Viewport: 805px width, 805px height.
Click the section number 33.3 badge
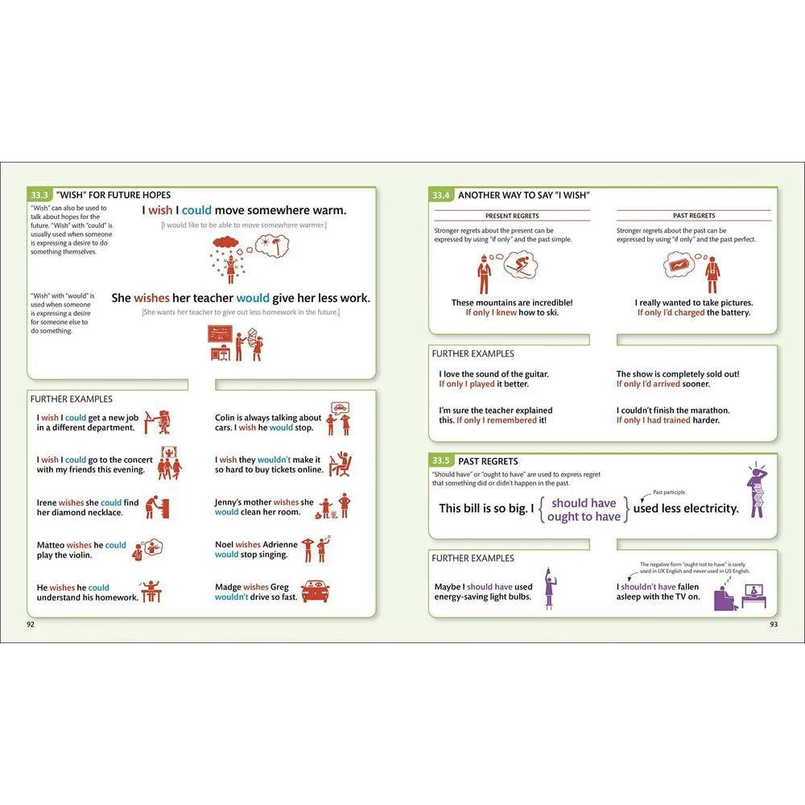pyautogui.click(x=40, y=195)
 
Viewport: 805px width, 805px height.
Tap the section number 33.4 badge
pyautogui.click(x=441, y=195)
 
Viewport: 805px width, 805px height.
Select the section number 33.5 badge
pyautogui.click(x=441, y=461)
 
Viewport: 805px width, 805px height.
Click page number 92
pyautogui.click(x=31, y=624)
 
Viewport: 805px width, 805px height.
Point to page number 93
pyautogui.click(x=774, y=624)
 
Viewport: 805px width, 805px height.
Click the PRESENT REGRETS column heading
pyautogui.click(x=512, y=216)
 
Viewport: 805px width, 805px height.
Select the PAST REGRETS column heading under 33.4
pyautogui.click(x=694, y=216)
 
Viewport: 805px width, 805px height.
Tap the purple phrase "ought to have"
pyautogui.click(x=584, y=517)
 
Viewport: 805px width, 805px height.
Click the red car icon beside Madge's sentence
pyautogui.click(x=316, y=592)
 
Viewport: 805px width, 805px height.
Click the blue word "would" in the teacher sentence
pyautogui.click(x=253, y=298)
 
